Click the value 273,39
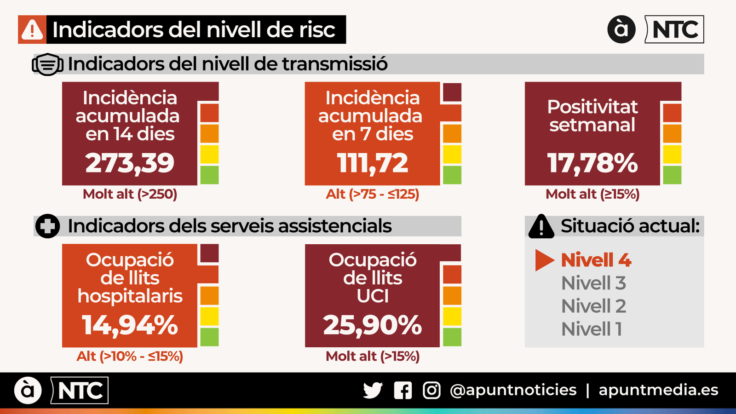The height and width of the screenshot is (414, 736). tap(130, 163)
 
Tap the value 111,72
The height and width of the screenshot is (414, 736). tap(372, 163)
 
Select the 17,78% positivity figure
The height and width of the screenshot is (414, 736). tap(592, 163)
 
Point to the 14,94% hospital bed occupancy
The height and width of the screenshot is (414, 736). tap(130, 325)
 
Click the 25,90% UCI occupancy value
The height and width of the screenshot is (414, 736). tap(372, 325)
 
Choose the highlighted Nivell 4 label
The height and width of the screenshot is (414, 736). tap(596, 260)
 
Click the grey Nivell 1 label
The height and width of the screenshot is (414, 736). tap(592, 329)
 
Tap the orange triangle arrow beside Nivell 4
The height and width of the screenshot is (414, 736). tap(544, 260)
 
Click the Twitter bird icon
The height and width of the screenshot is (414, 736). tap(373, 391)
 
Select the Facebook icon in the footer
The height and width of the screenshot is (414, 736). tap(402, 391)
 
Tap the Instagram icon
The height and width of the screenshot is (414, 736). tap(431, 391)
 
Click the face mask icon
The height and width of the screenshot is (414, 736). tap(47, 64)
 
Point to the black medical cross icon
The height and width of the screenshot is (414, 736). tap(47, 226)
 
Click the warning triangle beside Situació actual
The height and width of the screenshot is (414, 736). tap(541, 227)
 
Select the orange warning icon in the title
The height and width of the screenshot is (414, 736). tap(32, 30)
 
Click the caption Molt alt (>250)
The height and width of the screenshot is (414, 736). tap(130, 194)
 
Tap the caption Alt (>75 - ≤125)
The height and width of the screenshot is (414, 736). tap(372, 194)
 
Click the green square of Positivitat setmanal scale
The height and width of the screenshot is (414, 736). tap(672, 175)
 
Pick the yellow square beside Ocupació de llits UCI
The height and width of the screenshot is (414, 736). tap(452, 316)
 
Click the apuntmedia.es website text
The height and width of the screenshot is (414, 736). tap(658, 390)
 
